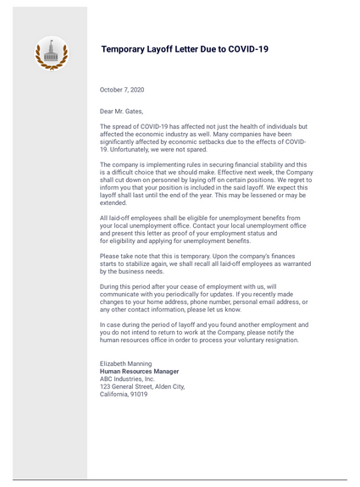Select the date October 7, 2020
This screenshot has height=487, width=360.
(122, 89)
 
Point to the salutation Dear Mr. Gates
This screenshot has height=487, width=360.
(121, 111)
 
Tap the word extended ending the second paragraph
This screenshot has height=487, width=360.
(114, 203)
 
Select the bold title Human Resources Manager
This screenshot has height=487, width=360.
(139, 371)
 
